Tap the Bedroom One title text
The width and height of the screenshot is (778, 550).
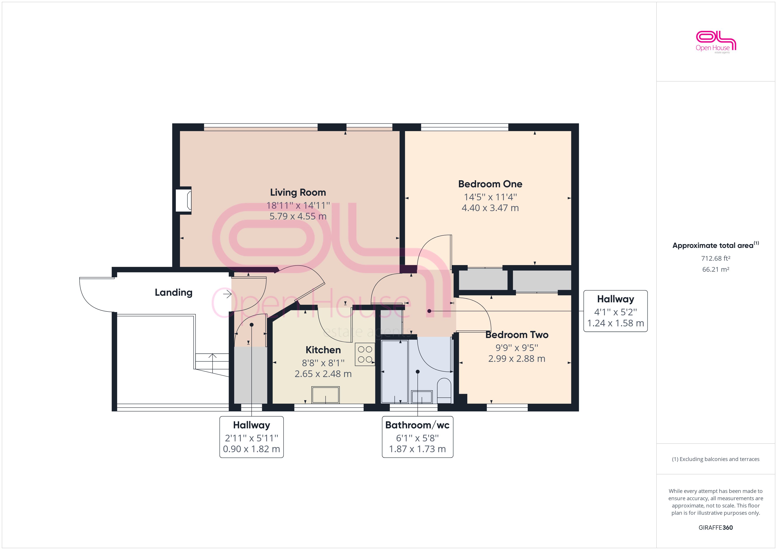490,184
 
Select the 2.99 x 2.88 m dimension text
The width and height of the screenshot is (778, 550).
516,359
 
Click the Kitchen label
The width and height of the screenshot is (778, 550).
323,350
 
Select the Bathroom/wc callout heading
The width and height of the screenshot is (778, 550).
417,425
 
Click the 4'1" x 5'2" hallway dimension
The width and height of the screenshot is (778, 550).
615,312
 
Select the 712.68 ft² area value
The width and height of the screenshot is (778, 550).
715,258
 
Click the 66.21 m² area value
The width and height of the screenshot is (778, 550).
715,269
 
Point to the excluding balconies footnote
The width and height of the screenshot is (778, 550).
715,459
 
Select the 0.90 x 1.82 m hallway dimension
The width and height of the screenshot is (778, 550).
251,449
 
